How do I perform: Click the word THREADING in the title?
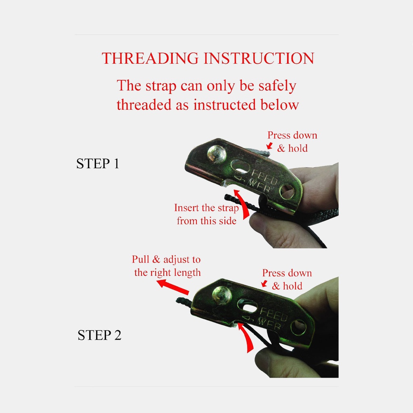pyautogui.click(x=150, y=58)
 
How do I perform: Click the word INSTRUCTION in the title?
pyautogui.click(x=259, y=58)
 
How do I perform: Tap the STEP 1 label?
pyautogui.click(x=98, y=164)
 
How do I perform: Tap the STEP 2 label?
pyautogui.click(x=99, y=335)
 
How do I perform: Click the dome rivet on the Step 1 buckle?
pyautogui.click(x=217, y=154)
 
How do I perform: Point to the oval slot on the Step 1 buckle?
pyautogui.click(x=240, y=166)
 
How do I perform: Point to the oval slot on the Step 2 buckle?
pyautogui.click(x=247, y=306)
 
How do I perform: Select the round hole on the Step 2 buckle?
pyautogui.click(x=298, y=327)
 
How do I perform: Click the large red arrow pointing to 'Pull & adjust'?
pyautogui.click(x=173, y=287)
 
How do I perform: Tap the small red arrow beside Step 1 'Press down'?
pyautogui.click(x=269, y=146)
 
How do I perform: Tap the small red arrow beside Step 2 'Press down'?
pyautogui.click(x=264, y=284)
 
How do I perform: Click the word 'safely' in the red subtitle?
pyautogui.click(x=277, y=86)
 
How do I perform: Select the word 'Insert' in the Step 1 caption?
pyautogui.click(x=186, y=208)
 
